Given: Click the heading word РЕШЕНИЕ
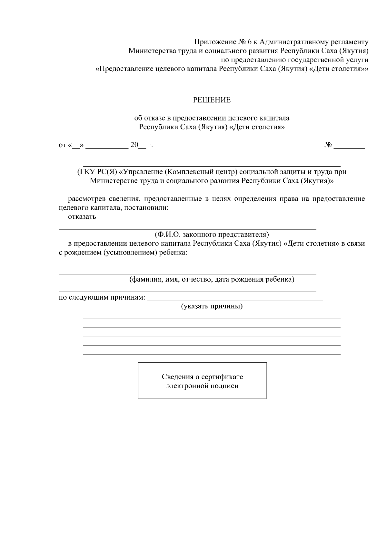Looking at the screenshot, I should [212, 100].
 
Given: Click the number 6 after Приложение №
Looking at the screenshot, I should [250, 42].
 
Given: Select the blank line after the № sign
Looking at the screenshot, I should [349, 148].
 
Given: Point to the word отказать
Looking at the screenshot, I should [82, 216].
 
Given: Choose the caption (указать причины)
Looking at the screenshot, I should [212, 306].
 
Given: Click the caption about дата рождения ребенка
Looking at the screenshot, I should [212, 279].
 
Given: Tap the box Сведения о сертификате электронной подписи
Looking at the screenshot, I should [202, 381].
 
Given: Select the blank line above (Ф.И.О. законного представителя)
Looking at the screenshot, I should [187, 228].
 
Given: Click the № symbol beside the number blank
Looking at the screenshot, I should [328, 145].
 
